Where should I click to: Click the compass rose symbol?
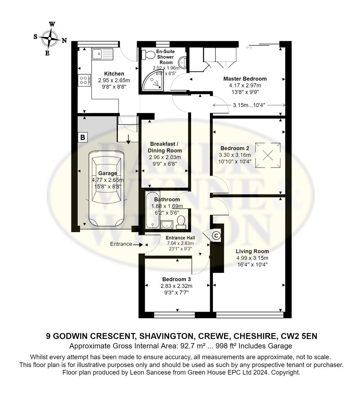pyautogui.click(x=50, y=39)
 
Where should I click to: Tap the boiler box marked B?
pyautogui.click(x=83, y=137)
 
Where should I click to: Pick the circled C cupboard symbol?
pyautogui.click(x=216, y=235)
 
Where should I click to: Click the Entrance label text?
pyautogui.click(x=121, y=244)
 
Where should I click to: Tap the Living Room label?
pyautogui.click(x=252, y=251)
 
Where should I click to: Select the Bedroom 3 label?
pyautogui.click(x=176, y=279)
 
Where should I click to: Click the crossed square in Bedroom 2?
pyautogui.click(x=268, y=156)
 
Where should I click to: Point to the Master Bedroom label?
pyautogui.click(x=245, y=79)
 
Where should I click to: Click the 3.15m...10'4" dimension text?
pyautogui.click(x=249, y=105)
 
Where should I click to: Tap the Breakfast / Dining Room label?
pyautogui.click(x=165, y=147)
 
